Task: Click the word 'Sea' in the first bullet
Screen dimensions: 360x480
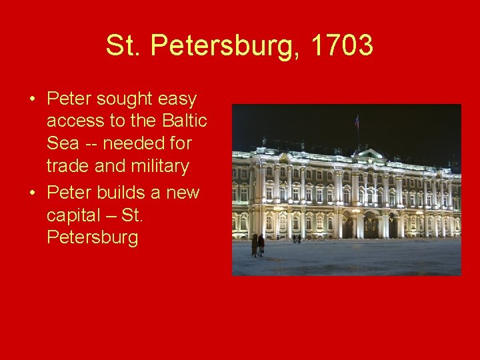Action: coord(62,143)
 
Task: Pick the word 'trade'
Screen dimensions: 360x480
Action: coord(69,165)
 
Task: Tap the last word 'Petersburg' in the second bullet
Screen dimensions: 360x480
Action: coord(93,238)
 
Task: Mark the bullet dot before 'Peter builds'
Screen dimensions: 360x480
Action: coord(32,194)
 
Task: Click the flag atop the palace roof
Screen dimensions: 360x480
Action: coord(357,121)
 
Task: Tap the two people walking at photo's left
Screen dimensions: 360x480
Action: coord(257,245)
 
